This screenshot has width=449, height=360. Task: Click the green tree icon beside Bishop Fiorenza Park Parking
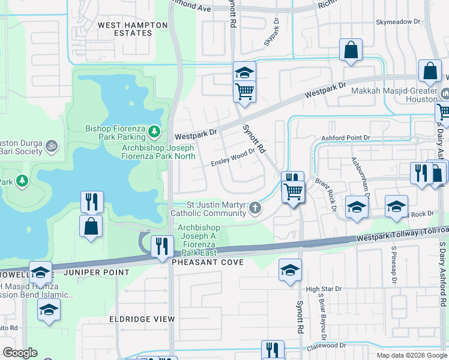(x=154, y=130)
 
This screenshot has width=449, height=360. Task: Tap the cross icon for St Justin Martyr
(x=256, y=208)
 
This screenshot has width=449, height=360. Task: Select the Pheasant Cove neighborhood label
(x=208, y=263)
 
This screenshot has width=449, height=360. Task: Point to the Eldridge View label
(x=142, y=319)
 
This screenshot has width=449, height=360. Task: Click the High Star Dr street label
(x=324, y=289)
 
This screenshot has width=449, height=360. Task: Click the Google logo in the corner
(x=20, y=353)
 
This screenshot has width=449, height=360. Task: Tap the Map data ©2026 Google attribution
(x=412, y=355)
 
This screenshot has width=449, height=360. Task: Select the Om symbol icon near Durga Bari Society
(x=52, y=145)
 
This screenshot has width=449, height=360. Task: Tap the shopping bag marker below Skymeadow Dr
(x=351, y=50)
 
